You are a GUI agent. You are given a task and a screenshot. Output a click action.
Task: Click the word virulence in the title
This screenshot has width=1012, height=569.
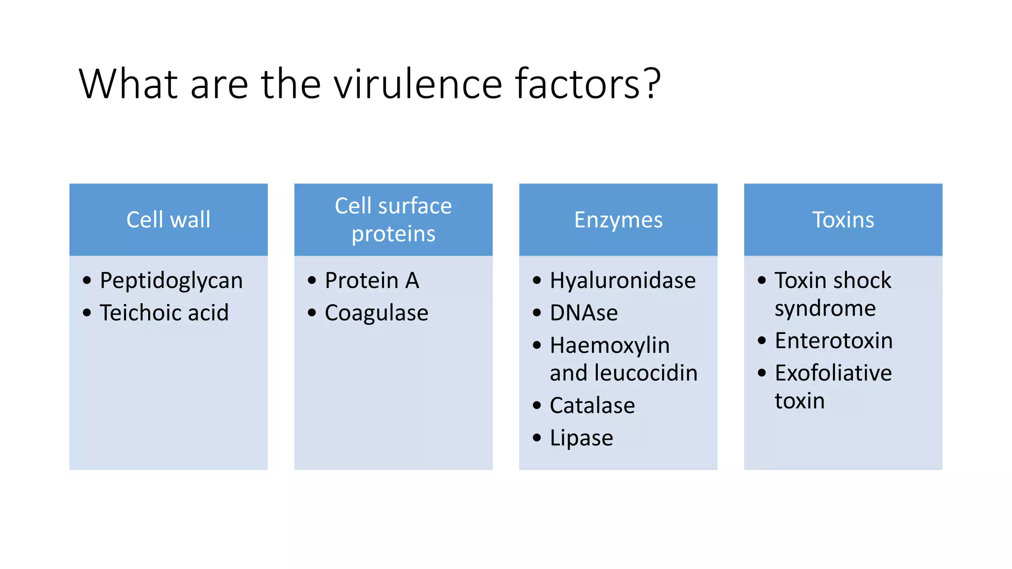(418, 84)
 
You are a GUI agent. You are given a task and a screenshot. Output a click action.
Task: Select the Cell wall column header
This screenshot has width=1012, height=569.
(169, 219)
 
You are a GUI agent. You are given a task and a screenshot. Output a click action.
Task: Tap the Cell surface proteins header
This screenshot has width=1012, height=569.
(393, 219)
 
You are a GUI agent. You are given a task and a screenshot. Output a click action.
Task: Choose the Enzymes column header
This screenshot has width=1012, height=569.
(618, 219)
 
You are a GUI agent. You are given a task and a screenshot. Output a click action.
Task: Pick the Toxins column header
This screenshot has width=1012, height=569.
(843, 219)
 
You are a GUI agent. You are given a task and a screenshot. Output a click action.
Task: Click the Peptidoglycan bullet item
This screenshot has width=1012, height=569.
(171, 281)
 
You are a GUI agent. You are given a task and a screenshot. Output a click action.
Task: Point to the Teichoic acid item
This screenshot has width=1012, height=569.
(164, 313)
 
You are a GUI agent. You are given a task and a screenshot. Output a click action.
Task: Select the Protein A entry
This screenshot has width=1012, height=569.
(372, 281)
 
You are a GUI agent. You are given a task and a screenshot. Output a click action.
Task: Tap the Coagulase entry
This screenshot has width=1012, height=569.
(377, 313)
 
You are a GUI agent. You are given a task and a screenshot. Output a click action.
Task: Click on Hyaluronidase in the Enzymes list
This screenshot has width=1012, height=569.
(623, 281)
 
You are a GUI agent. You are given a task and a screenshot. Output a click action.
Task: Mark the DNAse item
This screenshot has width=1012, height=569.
(584, 313)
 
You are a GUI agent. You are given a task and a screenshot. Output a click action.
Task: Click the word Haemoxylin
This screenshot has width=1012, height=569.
(610, 345)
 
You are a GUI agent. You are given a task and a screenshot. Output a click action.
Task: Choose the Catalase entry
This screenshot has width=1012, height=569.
(592, 406)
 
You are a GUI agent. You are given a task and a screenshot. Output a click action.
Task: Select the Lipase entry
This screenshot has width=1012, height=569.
(581, 438)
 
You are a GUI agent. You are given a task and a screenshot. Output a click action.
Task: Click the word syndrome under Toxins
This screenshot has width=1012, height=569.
(825, 309)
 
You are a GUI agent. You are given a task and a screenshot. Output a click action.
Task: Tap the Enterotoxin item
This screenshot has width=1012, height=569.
(834, 341)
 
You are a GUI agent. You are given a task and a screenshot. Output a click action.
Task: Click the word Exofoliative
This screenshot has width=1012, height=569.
(833, 373)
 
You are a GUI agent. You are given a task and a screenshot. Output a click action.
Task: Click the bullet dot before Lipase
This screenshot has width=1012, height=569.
(537, 438)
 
